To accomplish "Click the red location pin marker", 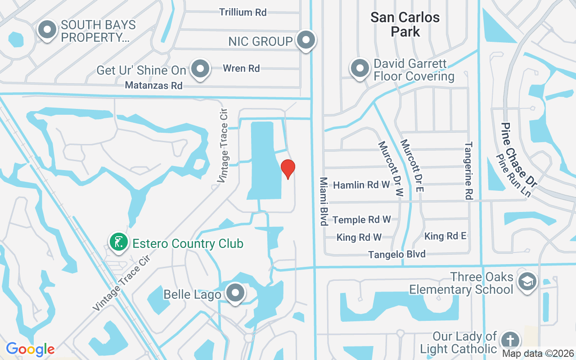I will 288,169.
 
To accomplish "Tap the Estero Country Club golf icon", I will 118,243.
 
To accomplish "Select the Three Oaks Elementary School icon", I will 526,282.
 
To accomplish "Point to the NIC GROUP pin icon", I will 306,40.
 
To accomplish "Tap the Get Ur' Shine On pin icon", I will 200,69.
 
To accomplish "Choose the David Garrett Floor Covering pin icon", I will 360,69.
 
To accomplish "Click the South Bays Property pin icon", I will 47,30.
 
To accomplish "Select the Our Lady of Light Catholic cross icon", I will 510,341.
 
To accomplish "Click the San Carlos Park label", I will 405,24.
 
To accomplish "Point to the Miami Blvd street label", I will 324,201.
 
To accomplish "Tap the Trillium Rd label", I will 243,12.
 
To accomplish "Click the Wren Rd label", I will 242,68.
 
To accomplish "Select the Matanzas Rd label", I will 154,85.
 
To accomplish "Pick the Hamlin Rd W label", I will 361,184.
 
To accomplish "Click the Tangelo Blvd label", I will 397,255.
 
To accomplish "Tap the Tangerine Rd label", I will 469,171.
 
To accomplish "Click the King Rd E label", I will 445,236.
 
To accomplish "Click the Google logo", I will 30,349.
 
